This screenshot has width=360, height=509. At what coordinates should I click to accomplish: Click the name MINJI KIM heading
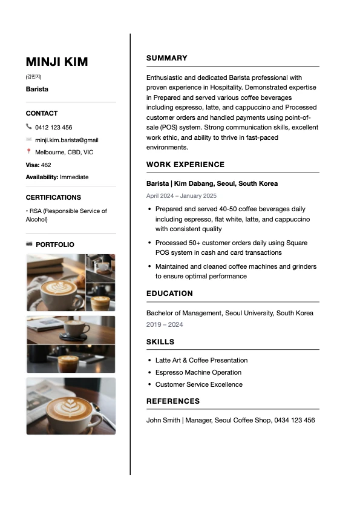(57, 62)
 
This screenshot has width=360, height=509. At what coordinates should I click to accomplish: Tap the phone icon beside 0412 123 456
(29, 126)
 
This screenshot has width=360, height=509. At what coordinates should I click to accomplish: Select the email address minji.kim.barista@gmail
(67, 140)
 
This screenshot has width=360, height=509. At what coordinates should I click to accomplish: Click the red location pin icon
(29, 152)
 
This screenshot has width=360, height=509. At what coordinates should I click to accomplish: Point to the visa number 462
(46, 165)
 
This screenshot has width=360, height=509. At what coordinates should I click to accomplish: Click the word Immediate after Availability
(74, 177)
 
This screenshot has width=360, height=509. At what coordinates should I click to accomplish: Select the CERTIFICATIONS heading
(53, 197)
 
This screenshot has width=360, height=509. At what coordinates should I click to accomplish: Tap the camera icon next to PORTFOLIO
(30, 244)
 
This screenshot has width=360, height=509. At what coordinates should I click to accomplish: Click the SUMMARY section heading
(167, 58)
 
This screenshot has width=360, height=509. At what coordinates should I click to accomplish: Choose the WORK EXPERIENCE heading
(185, 165)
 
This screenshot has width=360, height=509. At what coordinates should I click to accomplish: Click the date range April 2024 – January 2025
(182, 195)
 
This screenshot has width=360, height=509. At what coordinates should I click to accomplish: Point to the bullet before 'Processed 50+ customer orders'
(149, 243)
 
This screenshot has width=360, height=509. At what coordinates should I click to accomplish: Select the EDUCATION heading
(169, 294)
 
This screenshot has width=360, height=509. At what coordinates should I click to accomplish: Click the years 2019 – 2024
(165, 324)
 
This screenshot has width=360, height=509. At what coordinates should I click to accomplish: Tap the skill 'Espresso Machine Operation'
(198, 372)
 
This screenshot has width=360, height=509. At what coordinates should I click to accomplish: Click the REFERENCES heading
(173, 401)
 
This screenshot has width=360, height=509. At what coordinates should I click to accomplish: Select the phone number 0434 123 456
(295, 420)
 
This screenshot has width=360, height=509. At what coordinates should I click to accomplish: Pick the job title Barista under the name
(37, 89)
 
